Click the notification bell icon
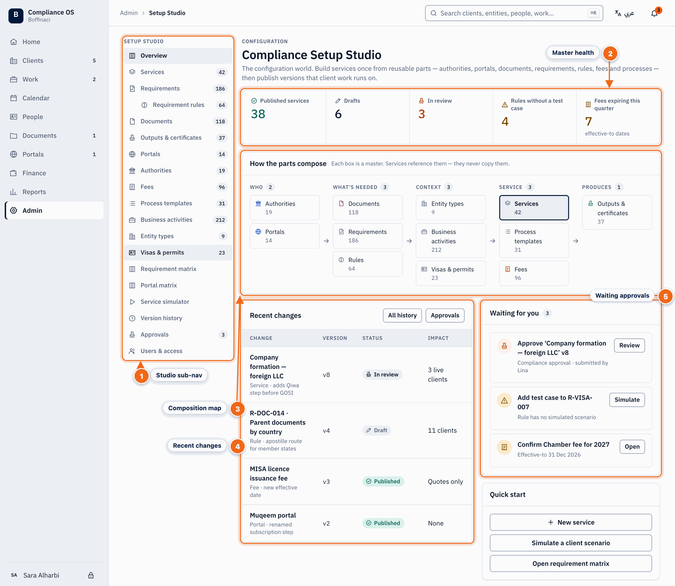coord(654,14)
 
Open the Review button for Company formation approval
coord(629,345)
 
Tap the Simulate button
coord(627,399)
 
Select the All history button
coord(402,315)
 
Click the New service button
coord(571,522)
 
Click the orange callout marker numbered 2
coord(610,53)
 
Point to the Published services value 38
coord(258,114)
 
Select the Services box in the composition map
coord(534,208)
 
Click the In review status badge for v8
coord(382,374)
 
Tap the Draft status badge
coord(377,430)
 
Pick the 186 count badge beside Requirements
coord(220,89)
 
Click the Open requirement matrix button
coord(571,563)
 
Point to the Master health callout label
coord(573,53)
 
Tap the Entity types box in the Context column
coord(451,208)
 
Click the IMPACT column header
coord(438,338)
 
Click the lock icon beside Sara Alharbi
coord(91,575)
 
